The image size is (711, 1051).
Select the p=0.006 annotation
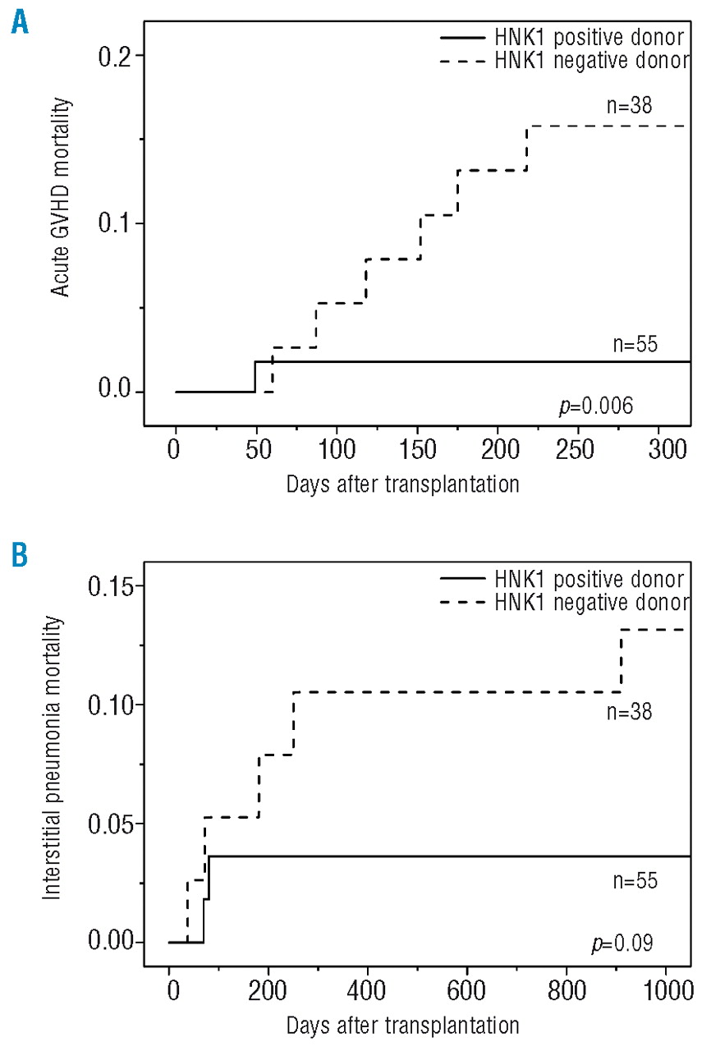[x=595, y=406]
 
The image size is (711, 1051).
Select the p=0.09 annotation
[x=622, y=942]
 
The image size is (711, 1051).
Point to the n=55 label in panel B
[x=635, y=883]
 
